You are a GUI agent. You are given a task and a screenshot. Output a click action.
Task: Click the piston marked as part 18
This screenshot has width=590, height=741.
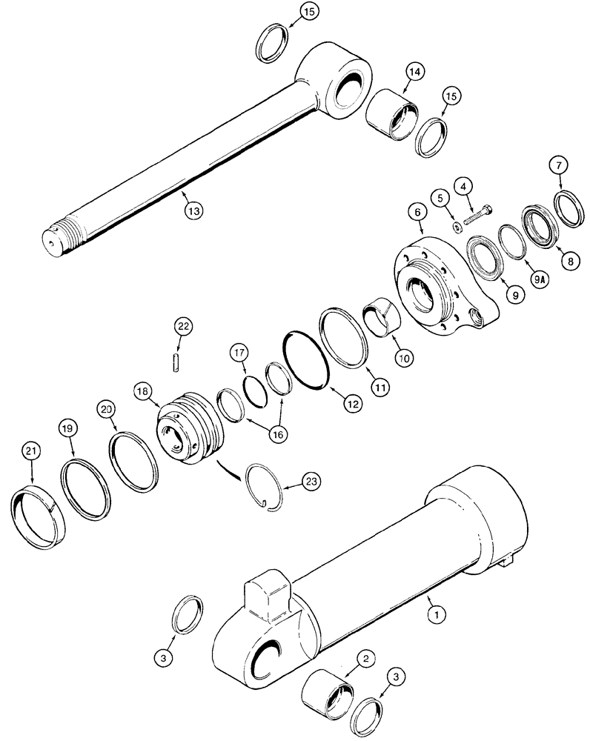[x=190, y=431]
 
